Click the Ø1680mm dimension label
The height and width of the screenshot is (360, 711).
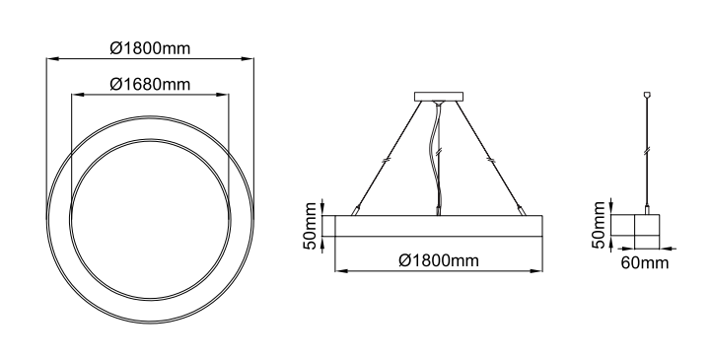click(x=150, y=85)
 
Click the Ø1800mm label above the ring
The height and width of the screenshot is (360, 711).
click(x=150, y=48)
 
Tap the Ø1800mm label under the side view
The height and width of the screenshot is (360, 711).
click(x=439, y=260)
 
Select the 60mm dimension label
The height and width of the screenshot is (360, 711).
click(x=644, y=263)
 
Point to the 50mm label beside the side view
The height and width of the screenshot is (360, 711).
click(x=310, y=226)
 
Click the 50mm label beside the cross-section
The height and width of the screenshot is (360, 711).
click(x=599, y=225)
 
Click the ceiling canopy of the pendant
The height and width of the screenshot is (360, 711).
click(x=439, y=97)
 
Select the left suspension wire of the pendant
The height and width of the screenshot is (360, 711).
click(x=387, y=157)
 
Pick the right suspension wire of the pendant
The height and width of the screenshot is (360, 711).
click(x=491, y=157)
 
